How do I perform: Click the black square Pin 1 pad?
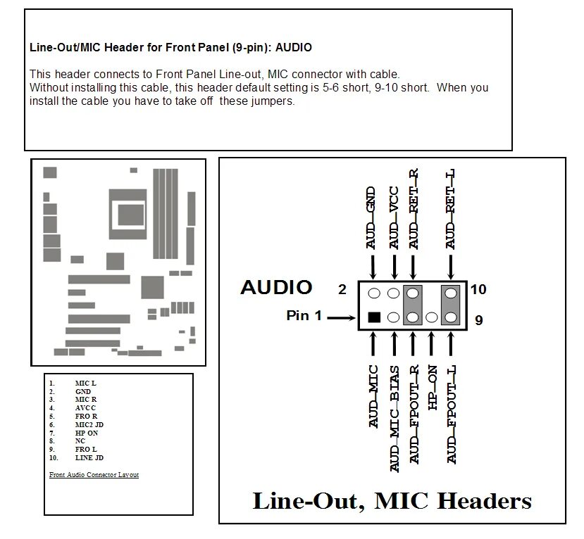tap(374, 317)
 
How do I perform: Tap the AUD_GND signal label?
tap(372, 217)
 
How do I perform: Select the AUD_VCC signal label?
tap(394, 217)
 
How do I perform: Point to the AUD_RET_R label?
tap(414, 209)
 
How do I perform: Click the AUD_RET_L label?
tap(451, 209)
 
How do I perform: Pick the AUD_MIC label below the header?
tap(373, 396)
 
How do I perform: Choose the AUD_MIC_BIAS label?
tap(394, 418)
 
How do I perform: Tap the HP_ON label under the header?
tap(433, 388)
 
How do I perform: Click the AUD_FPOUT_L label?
tap(452, 414)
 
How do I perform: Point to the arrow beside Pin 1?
tap(342, 317)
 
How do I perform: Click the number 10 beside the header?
tap(478, 289)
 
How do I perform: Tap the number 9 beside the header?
tap(478, 320)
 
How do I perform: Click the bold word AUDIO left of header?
tap(276, 287)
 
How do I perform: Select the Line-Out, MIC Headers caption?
tap(392, 501)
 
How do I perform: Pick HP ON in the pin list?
tap(86, 433)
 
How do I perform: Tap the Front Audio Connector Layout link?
tap(94, 475)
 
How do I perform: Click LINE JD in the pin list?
tap(89, 458)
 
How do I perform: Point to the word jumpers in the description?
tap(273, 101)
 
